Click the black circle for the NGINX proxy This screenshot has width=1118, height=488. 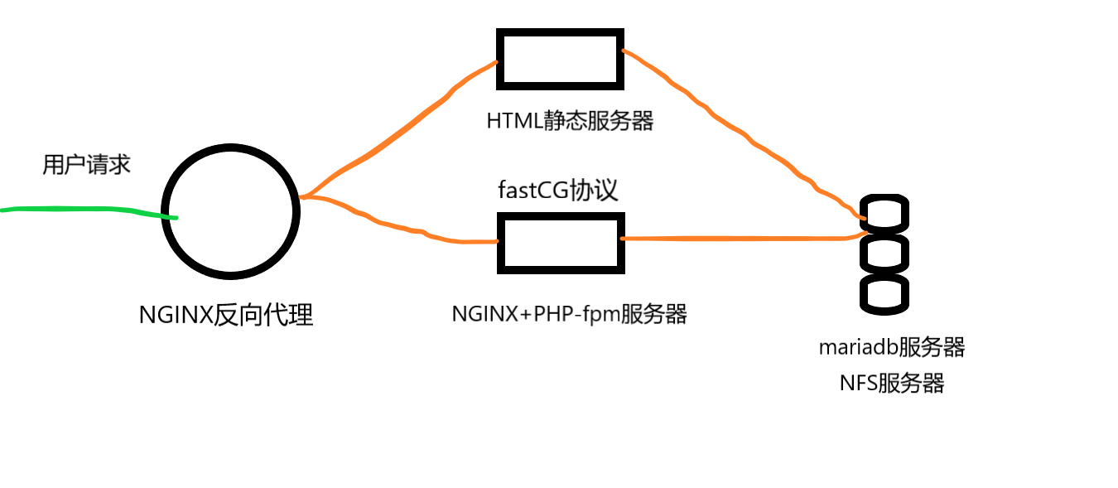click(230, 210)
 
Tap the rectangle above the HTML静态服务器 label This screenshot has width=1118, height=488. click(560, 58)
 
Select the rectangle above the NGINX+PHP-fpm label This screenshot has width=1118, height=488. click(561, 243)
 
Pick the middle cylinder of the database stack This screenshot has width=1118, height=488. click(884, 253)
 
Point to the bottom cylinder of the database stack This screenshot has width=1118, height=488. click(884, 293)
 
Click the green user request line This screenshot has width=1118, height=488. click(83, 209)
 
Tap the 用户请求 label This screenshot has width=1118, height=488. click(86, 164)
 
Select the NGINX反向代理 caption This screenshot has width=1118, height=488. click(225, 316)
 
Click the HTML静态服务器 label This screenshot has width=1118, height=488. click(570, 121)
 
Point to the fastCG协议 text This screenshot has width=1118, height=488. click(557, 190)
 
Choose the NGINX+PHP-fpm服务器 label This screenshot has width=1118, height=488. click(569, 314)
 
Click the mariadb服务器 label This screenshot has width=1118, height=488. click(892, 346)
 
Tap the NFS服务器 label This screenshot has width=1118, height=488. click(891, 383)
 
